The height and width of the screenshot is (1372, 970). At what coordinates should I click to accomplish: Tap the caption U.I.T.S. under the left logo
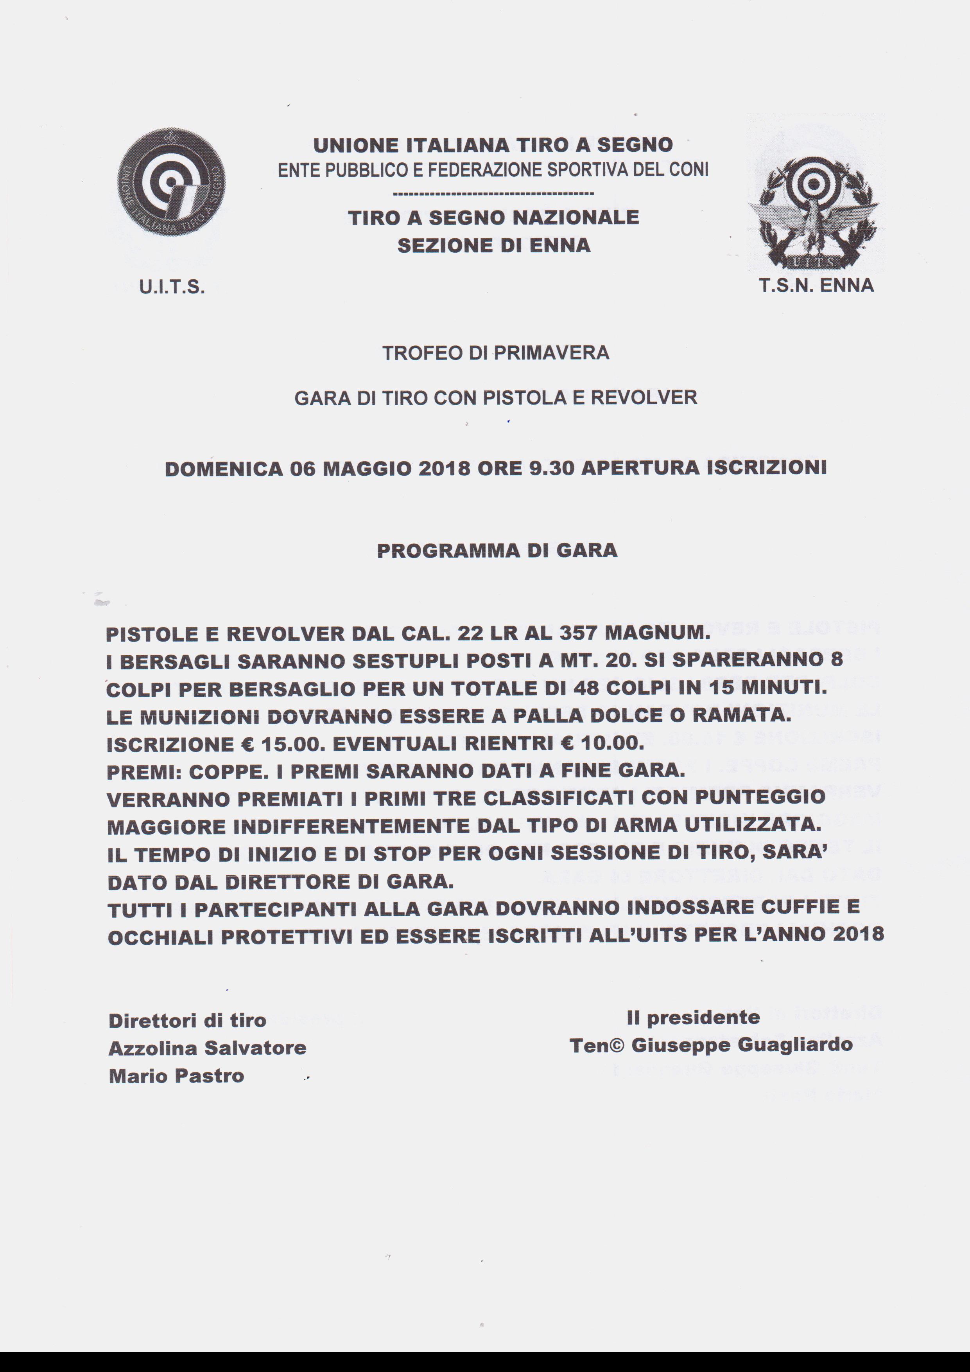172,288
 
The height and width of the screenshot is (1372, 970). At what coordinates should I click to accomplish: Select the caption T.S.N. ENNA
816,286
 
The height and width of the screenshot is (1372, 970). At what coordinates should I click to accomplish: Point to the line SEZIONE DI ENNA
493,246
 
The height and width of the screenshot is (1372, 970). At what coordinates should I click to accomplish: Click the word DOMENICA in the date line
224,469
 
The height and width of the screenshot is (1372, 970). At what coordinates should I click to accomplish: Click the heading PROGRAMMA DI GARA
497,550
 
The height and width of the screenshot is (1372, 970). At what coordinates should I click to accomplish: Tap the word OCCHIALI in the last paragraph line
160,936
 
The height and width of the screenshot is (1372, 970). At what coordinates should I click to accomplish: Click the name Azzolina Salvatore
207,1048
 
